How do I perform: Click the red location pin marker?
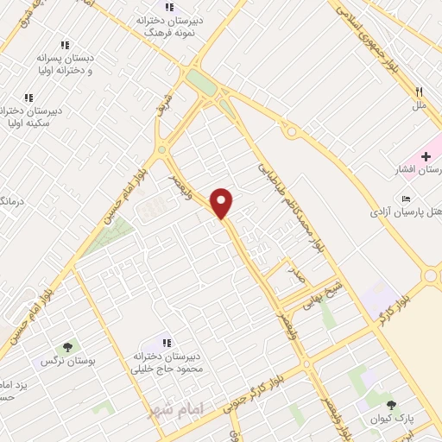tap(223, 203)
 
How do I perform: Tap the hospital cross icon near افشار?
tap(426, 155)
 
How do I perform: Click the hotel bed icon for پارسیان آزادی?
tap(407, 199)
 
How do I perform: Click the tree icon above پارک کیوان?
tap(392, 404)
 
